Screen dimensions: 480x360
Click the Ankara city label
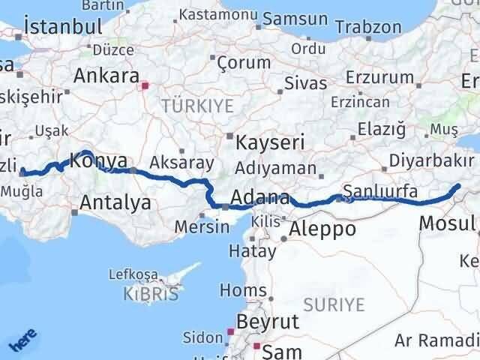pos(106,76)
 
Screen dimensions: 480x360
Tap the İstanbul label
pos(63,26)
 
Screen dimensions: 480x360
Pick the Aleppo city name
pos(323,228)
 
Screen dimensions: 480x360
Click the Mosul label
pos(447,223)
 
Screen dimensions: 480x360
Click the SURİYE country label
pos(334,304)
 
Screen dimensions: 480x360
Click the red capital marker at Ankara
pos(146,85)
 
